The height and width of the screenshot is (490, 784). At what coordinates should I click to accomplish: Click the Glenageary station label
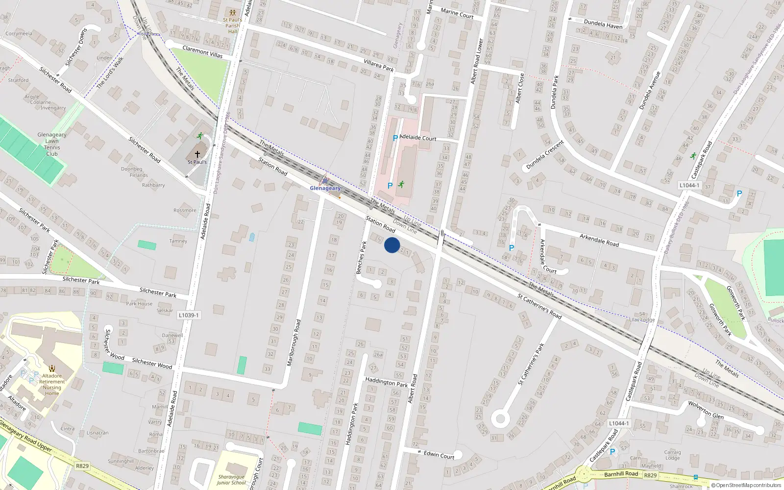[x=325, y=188]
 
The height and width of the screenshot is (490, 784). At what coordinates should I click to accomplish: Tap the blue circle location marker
[x=392, y=245]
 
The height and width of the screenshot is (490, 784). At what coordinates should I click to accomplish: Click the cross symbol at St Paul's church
[x=197, y=154]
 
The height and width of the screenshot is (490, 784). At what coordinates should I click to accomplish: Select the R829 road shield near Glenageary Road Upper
[x=82, y=465]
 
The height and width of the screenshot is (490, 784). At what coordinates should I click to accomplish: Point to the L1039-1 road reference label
[x=189, y=315]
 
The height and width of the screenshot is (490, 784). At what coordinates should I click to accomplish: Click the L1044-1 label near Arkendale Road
[x=689, y=185]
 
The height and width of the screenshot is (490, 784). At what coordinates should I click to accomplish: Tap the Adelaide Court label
[x=418, y=138]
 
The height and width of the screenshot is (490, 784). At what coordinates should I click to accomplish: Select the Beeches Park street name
[x=361, y=257]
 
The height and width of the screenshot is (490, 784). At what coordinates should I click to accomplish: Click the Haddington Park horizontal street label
[x=386, y=382]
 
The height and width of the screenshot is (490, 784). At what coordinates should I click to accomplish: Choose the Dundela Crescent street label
[x=545, y=155]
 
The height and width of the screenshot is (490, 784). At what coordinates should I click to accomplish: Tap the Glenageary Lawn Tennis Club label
[x=52, y=144]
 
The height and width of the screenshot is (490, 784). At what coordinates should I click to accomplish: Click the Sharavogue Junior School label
[x=231, y=480]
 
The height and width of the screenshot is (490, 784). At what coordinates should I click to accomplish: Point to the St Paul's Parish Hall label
[x=232, y=25]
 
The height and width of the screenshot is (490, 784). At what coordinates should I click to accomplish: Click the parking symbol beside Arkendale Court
[x=512, y=248]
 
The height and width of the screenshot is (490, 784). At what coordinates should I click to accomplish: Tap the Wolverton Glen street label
[x=706, y=409]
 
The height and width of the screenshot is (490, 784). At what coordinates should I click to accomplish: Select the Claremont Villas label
[x=202, y=51]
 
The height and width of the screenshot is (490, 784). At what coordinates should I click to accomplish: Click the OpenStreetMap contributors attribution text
[x=747, y=486]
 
